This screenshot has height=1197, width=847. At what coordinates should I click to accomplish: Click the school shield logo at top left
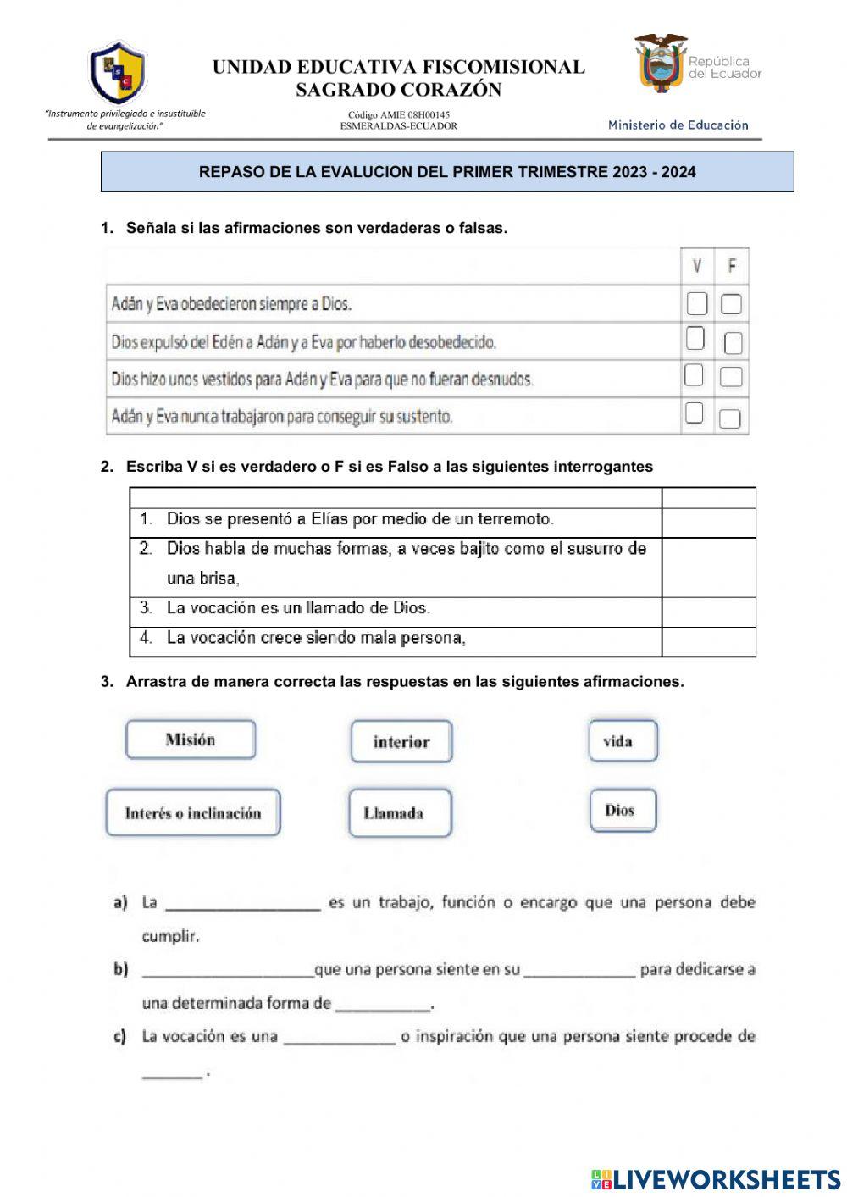118,72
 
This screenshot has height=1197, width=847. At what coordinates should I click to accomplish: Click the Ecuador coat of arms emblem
660,64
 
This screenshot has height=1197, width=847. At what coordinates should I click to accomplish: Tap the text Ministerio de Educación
678,125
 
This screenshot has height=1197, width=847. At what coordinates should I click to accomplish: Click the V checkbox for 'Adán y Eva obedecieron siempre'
696,303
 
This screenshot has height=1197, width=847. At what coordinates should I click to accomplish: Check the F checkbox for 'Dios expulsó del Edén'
733,342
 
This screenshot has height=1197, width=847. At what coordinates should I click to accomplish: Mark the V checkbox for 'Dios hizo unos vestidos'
694,375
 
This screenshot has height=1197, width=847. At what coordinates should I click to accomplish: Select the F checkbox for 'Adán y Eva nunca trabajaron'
729,418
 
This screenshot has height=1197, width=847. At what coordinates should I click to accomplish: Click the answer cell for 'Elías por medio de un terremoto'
708,523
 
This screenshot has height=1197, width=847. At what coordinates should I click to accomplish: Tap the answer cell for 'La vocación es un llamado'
708,612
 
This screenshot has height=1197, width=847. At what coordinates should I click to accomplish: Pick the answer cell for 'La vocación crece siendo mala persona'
708,641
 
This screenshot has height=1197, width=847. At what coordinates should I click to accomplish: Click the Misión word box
191,740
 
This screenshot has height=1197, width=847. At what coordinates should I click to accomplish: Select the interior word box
401,742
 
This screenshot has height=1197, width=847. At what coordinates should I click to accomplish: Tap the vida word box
623,741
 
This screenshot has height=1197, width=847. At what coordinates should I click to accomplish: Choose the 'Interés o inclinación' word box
193,813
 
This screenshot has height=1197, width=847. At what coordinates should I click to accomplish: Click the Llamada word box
400,813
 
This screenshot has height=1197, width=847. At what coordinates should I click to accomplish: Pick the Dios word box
623,811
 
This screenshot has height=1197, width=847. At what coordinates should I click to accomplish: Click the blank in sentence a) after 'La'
243,903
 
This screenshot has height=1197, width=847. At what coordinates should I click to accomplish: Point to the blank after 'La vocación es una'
340,1037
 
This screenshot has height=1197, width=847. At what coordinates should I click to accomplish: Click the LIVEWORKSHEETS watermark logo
716,1179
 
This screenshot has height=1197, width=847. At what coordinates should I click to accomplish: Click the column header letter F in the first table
732,267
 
